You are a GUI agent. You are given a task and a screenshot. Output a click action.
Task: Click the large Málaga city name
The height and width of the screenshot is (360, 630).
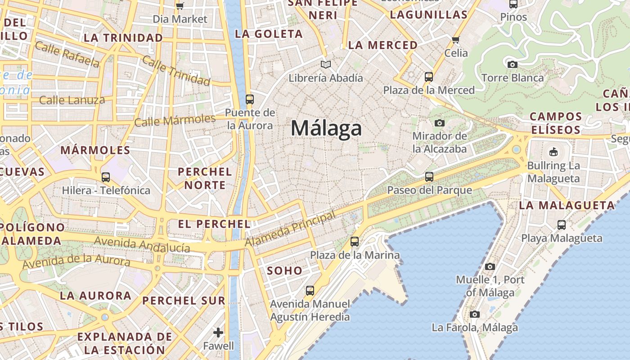[326, 128]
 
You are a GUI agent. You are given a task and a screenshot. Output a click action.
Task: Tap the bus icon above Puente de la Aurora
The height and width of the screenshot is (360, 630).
[249, 99]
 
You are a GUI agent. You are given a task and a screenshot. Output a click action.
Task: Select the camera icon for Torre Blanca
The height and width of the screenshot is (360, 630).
[512, 64]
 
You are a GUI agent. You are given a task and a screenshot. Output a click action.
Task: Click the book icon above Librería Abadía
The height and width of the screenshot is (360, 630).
[326, 65]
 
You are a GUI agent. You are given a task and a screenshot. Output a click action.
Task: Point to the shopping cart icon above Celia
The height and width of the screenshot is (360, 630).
[456, 40]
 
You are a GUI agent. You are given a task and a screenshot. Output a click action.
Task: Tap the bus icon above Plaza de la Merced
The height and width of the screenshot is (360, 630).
[429, 77]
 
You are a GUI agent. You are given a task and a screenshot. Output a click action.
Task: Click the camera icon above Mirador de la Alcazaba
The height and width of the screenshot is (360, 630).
[440, 123]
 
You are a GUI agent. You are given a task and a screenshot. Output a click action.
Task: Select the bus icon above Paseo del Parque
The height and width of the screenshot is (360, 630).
[429, 177]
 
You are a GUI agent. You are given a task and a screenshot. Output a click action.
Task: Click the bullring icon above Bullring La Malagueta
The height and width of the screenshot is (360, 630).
[553, 152]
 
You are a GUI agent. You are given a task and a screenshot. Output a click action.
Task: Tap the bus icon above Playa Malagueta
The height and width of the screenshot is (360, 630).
[562, 225]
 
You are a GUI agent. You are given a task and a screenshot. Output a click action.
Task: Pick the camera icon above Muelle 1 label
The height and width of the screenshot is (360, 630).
[490, 266]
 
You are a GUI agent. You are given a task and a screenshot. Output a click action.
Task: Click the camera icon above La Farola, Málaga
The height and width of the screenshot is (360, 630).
[475, 314]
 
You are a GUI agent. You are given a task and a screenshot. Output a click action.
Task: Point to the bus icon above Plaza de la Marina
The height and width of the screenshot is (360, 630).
[355, 242]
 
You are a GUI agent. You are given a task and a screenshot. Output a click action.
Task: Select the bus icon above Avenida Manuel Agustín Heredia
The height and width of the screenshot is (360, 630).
[310, 291]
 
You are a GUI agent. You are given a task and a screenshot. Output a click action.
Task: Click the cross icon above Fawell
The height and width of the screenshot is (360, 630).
[218, 333]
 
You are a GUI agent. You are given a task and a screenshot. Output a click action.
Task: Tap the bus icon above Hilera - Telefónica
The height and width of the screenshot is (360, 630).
[106, 177]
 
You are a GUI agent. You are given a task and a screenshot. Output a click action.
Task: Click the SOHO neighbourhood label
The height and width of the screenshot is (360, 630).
[284, 270]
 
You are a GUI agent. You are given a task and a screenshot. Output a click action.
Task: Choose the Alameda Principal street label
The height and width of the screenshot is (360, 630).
[291, 229]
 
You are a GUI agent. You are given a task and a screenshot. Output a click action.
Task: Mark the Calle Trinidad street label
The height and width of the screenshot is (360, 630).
[176, 71]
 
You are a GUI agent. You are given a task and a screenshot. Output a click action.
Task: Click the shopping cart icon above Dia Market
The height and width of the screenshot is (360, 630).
[180, 6]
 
